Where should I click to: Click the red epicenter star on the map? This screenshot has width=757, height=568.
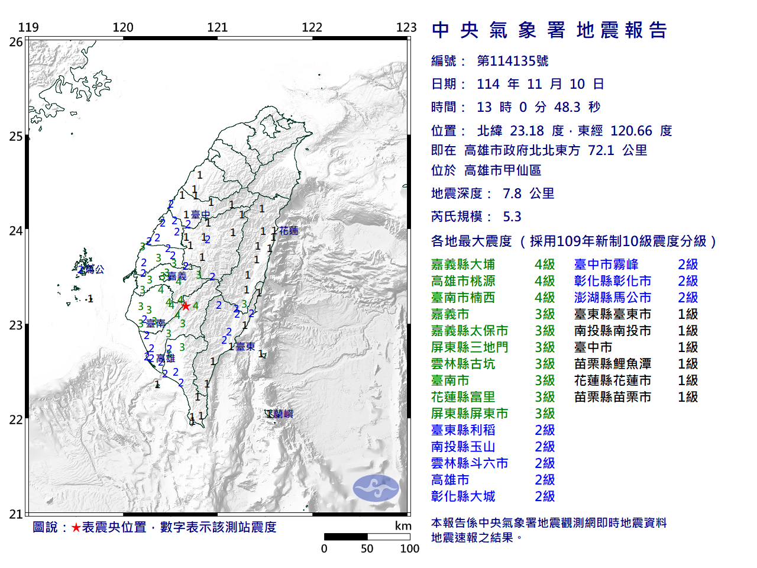(186, 306)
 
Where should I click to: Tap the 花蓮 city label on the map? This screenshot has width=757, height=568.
(289, 231)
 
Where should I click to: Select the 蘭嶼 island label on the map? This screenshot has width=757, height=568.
(283, 414)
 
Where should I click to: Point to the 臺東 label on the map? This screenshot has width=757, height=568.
(245, 347)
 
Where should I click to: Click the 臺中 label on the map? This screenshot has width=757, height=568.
(200, 215)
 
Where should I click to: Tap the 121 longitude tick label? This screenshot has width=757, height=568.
(218, 27)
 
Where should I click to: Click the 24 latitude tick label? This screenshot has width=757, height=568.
(16, 231)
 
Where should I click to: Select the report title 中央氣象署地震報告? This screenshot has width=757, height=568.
(549, 30)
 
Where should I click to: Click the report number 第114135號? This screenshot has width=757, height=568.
(513, 61)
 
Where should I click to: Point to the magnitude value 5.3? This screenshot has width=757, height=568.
(512, 217)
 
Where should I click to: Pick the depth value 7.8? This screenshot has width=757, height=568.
(512, 193)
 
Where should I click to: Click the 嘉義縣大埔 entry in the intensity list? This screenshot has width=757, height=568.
(463, 264)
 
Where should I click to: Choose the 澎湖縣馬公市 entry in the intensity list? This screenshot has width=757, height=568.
(613, 298)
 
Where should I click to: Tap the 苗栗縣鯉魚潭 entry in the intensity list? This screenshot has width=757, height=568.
(613, 364)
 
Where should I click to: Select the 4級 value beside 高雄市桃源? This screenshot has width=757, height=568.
(545, 281)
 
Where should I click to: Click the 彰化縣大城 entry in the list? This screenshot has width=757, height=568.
(463, 496)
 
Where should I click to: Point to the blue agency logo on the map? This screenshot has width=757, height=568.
(376, 488)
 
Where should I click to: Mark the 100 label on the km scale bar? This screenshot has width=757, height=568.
(409, 548)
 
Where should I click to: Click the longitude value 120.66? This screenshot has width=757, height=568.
(631, 131)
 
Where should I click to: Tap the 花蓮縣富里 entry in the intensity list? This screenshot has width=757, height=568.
(463, 397)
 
